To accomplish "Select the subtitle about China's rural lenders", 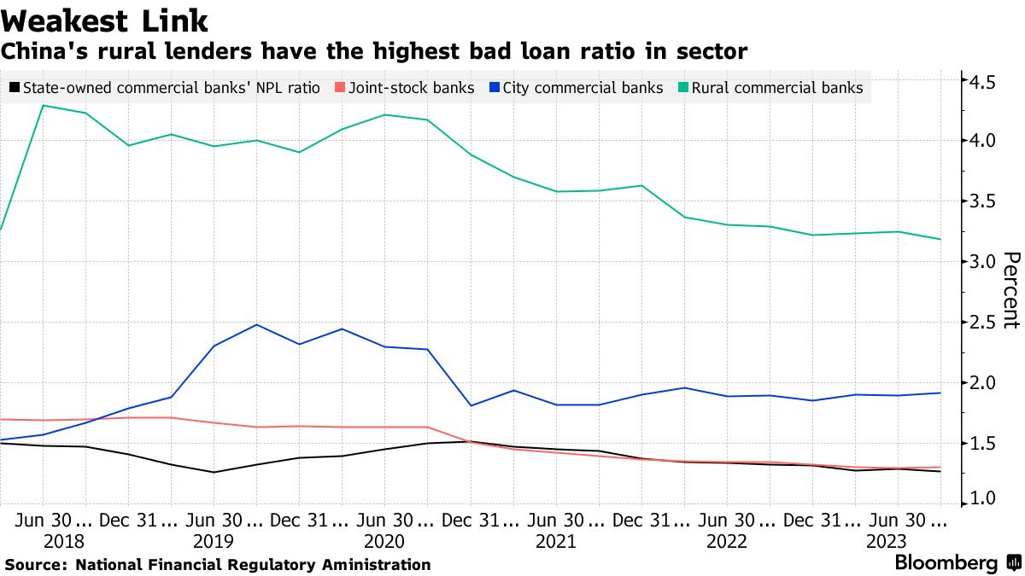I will coord(374,51).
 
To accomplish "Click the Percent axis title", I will coord(1010,290).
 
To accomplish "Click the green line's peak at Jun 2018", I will coord(43,106).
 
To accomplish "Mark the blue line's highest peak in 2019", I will coord(256,324).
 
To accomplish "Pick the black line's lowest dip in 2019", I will coord(214,472).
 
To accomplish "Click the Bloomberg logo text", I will coord(946,563).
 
